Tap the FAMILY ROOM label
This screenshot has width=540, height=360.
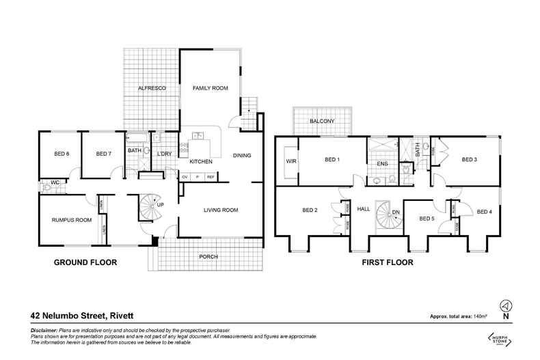tap(209, 89)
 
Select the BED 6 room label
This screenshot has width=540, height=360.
tap(62, 154)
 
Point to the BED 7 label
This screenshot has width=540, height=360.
tap(103, 154)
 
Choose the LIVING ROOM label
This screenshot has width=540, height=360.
tap(221, 210)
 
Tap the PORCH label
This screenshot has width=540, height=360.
tap(207, 257)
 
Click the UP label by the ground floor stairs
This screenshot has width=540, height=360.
tap(160, 204)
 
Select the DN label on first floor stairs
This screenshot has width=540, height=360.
tap(395, 212)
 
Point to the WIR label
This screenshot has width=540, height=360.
tap(289, 161)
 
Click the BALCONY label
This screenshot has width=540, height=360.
tap(321, 121)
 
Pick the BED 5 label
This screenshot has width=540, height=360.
tap(427, 219)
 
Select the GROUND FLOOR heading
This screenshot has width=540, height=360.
tap(85, 262)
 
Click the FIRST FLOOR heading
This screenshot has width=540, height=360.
tap(386, 262)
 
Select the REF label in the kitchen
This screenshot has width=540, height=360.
tap(211, 177)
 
